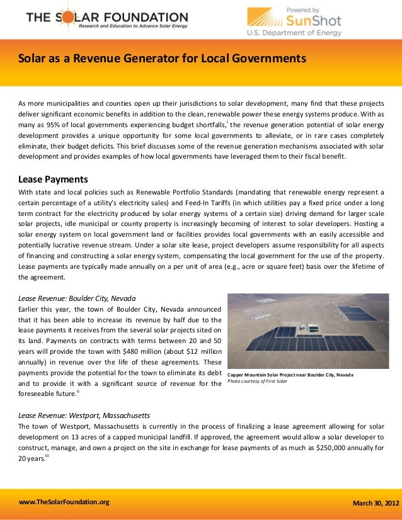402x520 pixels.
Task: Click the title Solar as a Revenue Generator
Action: pyautogui.click(x=162, y=59)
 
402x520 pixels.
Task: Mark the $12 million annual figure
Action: pyautogui.click(x=198, y=351)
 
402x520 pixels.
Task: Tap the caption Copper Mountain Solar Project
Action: pyautogui.click(x=290, y=375)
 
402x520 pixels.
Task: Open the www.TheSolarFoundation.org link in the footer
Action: pyautogui.click(x=64, y=502)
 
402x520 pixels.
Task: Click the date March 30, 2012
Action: pyautogui.click(x=376, y=504)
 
